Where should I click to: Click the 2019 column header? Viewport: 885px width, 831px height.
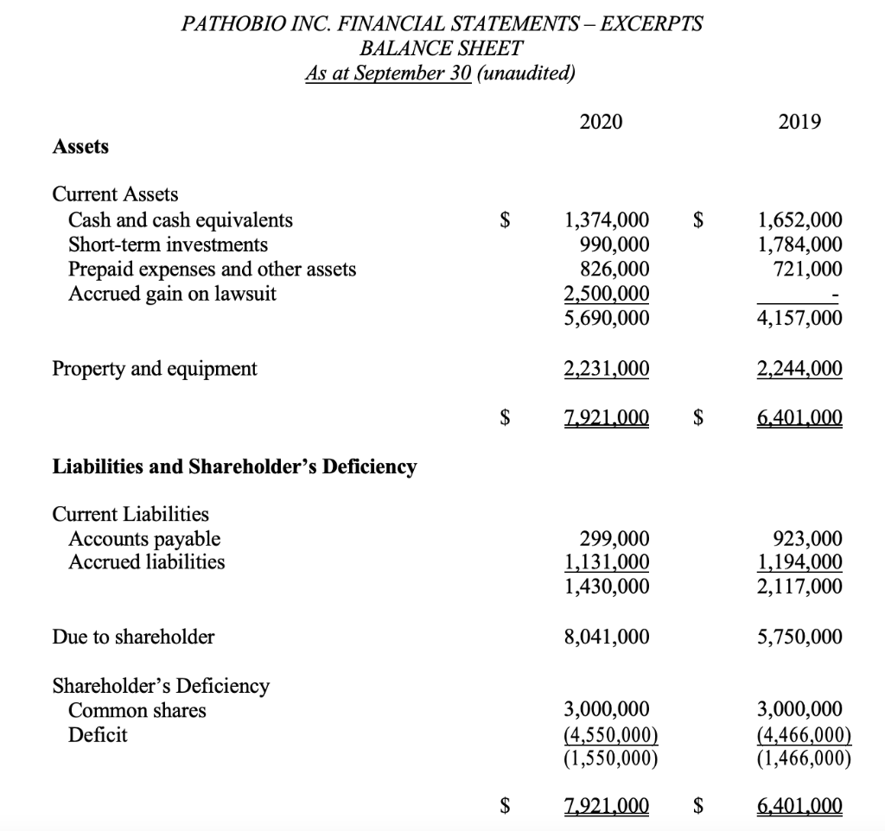pos(799,122)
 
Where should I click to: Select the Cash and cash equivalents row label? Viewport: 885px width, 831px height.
pos(180,220)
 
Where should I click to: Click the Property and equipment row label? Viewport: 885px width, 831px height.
pos(155,369)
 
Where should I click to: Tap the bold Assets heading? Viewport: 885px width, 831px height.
pos(80,147)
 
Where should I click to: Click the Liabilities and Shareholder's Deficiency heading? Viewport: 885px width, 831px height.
pos(234,467)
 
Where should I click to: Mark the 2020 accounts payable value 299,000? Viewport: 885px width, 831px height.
pos(614,539)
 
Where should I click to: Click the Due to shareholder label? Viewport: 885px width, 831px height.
pos(133,638)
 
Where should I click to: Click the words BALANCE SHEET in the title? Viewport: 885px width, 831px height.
pos(441,48)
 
